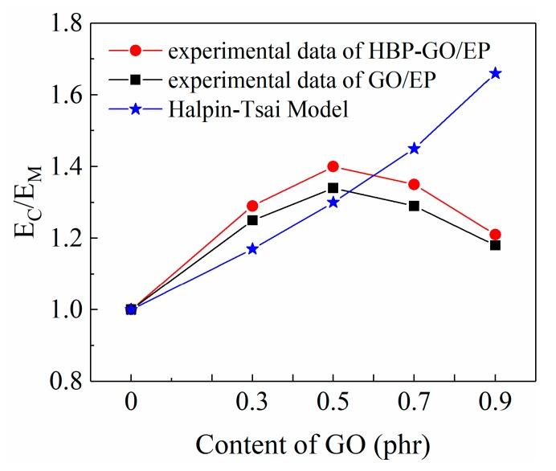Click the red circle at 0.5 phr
[x=333, y=166]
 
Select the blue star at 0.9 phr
[x=495, y=73]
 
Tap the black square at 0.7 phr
[x=414, y=206]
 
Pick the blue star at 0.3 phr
[x=252, y=248]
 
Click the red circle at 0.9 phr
[x=495, y=234]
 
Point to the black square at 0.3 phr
[x=252, y=220]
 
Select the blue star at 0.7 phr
[x=414, y=148]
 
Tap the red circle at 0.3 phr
[x=252, y=206]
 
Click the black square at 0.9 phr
[x=495, y=245]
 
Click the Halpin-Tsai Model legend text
[x=258, y=108]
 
